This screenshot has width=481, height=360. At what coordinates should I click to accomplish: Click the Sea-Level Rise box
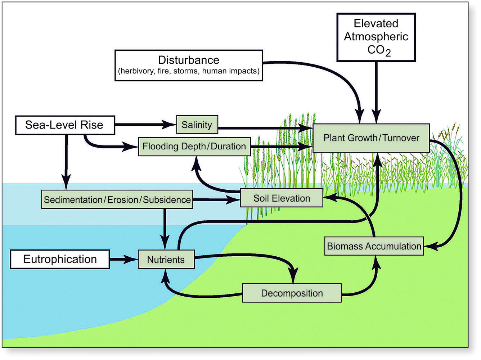(x=65, y=125)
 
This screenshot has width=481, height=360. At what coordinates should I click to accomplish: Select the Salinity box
(x=197, y=125)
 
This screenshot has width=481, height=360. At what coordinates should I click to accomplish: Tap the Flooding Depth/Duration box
(x=194, y=147)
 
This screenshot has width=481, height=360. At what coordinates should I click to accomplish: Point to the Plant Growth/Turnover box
(x=371, y=138)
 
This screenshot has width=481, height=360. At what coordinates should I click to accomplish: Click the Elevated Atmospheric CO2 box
(x=376, y=37)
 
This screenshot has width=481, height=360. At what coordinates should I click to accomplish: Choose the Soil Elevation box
(x=282, y=198)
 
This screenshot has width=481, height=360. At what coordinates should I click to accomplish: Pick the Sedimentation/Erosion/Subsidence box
(x=117, y=199)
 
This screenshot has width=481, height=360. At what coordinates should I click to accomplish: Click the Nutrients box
(x=166, y=259)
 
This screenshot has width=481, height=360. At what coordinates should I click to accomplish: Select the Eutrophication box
(x=60, y=259)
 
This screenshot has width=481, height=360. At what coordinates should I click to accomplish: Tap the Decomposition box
(x=292, y=293)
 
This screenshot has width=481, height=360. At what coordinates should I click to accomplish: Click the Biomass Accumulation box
(x=374, y=246)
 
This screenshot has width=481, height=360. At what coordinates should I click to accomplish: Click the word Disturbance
(x=189, y=60)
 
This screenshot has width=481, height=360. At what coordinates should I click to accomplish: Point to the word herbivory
(x=138, y=71)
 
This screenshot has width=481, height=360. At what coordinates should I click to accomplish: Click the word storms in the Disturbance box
(x=186, y=71)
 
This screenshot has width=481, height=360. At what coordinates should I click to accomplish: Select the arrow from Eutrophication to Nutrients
(x=124, y=259)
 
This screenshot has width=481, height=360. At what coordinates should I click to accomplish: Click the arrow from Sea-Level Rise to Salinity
(x=145, y=125)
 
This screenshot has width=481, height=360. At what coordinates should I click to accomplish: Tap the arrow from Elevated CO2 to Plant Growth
(x=376, y=93)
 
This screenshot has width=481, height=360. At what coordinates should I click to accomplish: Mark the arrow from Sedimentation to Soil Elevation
(x=216, y=199)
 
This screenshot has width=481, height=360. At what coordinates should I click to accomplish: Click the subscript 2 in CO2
(x=388, y=53)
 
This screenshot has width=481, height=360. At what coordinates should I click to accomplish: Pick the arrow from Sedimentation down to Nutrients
(x=165, y=229)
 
